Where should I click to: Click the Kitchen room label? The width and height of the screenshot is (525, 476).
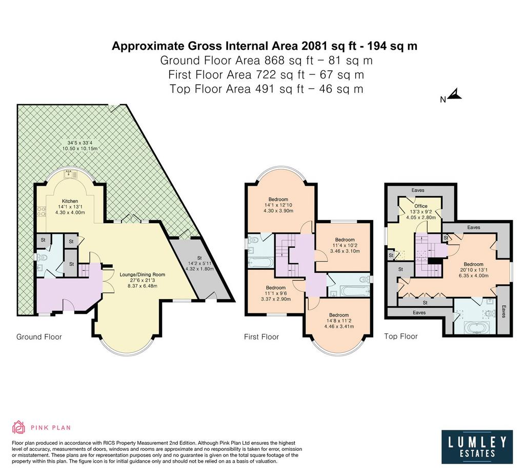tap(70, 201)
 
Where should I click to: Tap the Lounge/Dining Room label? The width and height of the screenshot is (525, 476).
tap(143, 274)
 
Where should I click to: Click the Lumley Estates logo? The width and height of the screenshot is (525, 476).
tap(477, 447)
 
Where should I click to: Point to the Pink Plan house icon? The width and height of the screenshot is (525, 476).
tap(19, 427)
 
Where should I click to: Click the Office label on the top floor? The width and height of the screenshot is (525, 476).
tap(421, 206)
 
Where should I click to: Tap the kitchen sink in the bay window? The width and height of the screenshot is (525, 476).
tap(71, 173)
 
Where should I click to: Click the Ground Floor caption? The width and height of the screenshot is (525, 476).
tap(39, 336)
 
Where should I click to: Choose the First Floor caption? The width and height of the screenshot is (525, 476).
tap(261, 336)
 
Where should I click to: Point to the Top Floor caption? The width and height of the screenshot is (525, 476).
tap(401, 336)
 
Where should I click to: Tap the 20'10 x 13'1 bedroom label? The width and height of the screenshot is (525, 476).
tap(474, 270)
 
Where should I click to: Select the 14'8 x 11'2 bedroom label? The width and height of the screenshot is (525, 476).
tap(339, 321)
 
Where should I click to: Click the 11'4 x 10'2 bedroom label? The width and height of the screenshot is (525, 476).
tap(345, 245)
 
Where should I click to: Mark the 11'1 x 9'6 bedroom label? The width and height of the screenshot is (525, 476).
tap(275, 293)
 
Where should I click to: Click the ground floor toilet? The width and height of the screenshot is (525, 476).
tap(42, 257)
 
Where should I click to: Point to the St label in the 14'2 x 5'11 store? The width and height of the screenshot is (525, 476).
tap(199, 258)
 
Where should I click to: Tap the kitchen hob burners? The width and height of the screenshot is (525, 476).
tap(41, 211)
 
